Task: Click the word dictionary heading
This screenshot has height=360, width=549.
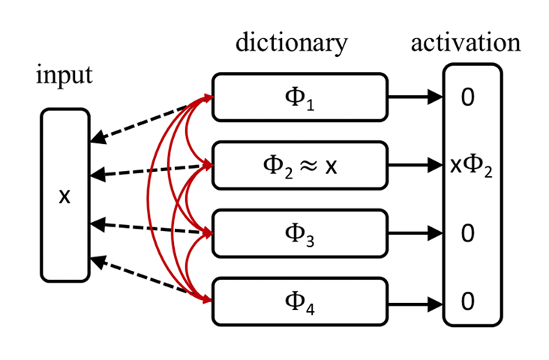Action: pyautogui.click(x=292, y=43)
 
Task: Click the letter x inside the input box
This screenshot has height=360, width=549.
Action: pyautogui.click(x=65, y=196)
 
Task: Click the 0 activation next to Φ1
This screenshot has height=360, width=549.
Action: pyautogui.click(x=468, y=97)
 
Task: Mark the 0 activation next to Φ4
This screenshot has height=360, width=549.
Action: pyautogui.click(x=468, y=301)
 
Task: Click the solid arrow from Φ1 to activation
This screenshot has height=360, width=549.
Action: pyautogui.click(x=415, y=97)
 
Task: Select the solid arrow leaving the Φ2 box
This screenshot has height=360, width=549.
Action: pyautogui.click(x=415, y=165)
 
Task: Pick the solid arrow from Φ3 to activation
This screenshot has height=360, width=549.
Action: pyautogui.click(x=415, y=233)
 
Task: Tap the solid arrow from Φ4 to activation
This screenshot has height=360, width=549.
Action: pyautogui.click(x=415, y=301)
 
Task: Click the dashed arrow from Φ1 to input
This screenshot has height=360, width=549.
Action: pyautogui.click(x=150, y=118)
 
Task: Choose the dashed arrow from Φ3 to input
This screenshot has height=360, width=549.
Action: pyautogui.click(x=150, y=228)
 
